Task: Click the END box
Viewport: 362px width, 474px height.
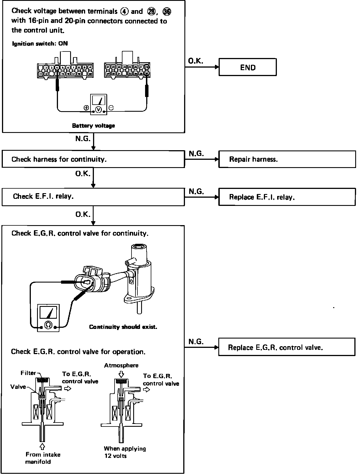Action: (247, 67)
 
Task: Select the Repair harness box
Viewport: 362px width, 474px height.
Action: (287, 159)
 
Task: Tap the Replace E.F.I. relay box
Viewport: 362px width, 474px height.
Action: (287, 197)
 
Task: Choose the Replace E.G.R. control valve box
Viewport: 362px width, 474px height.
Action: (286, 347)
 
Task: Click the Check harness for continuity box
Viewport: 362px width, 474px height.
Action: (93, 159)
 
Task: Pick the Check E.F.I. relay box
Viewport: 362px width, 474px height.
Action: (93, 197)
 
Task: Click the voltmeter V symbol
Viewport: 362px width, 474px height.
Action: (98, 109)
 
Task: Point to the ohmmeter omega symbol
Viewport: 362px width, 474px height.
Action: (48, 325)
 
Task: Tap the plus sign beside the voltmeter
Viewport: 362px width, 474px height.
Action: (86, 108)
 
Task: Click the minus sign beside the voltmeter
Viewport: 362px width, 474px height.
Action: (111, 108)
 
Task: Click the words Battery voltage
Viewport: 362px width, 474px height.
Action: (93, 126)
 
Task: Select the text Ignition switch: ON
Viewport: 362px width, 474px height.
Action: (40, 44)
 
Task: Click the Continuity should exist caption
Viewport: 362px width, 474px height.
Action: (123, 327)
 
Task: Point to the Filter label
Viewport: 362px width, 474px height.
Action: (28, 373)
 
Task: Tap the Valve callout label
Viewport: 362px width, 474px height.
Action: (18, 387)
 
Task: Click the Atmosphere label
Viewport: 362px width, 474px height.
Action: (121, 365)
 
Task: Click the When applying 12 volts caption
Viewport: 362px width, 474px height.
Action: (125, 452)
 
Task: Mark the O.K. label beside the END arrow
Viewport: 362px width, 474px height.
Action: (195, 61)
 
